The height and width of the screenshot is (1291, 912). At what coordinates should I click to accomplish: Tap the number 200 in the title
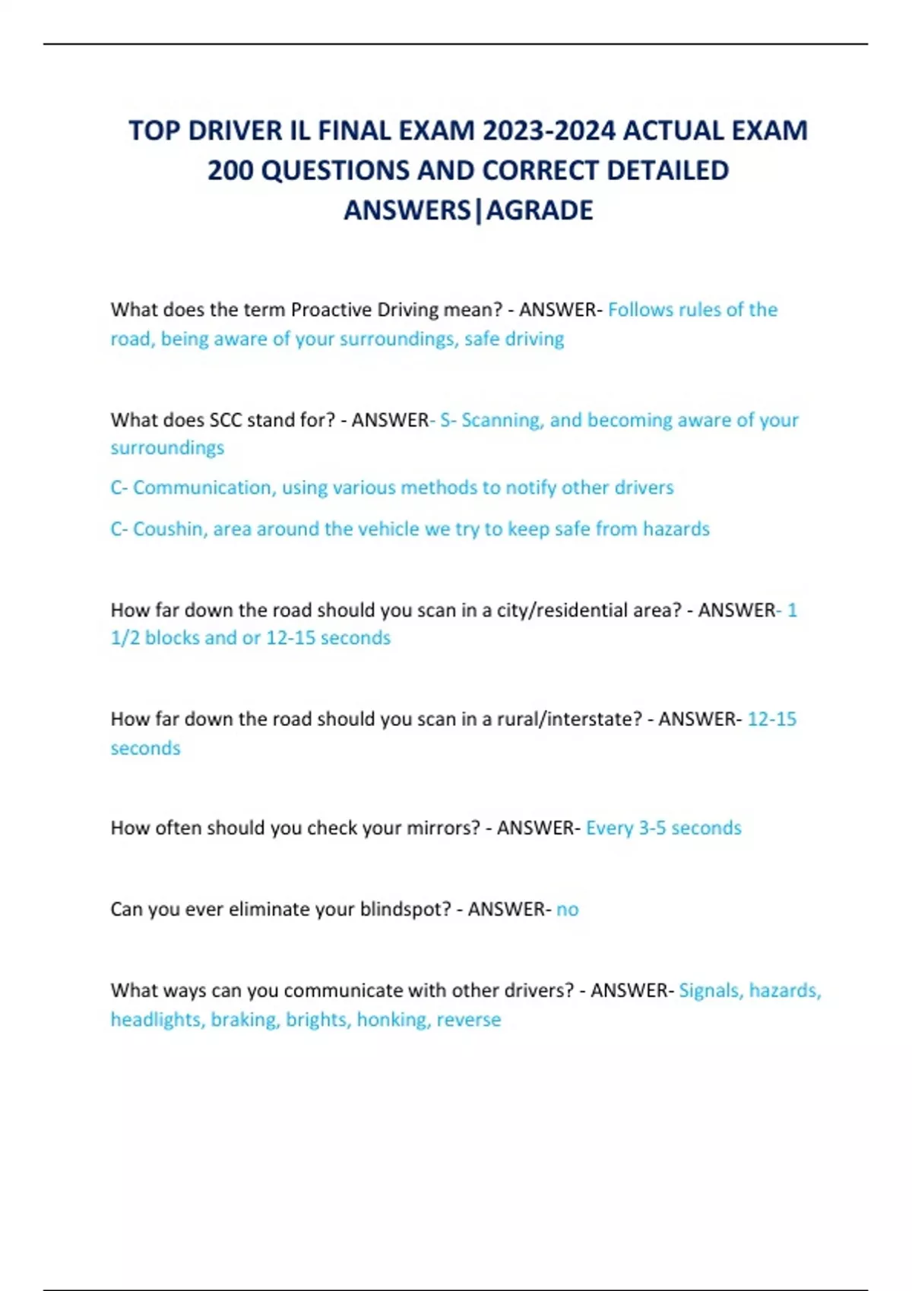coord(230,170)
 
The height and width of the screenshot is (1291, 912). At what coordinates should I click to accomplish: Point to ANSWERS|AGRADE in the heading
coord(468,210)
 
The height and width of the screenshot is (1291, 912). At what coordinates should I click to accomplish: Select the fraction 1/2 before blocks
coord(125,638)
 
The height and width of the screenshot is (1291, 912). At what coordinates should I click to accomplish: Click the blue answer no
coord(567,909)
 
